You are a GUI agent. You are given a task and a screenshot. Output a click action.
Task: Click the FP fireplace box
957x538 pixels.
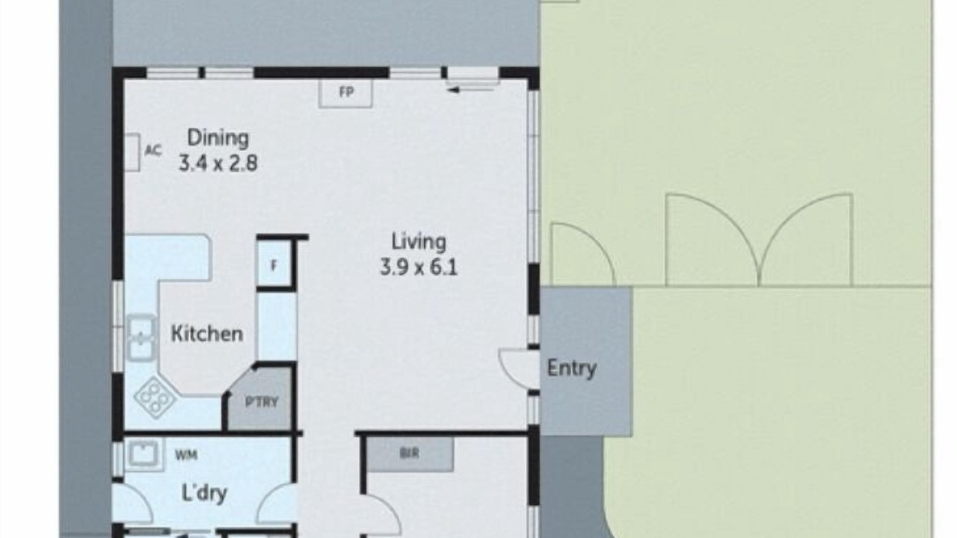tap(345, 93)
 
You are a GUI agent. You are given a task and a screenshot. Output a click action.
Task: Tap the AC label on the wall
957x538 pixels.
tap(153, 150)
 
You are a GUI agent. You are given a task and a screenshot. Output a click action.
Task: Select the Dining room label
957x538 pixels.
tap(218, 138)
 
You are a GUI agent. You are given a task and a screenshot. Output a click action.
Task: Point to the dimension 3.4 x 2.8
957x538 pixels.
tap(218, 163)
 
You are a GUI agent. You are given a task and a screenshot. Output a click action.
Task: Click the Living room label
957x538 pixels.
tap(419, 242)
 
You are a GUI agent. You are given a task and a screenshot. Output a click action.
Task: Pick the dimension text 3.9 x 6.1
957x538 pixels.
tap(419, 268)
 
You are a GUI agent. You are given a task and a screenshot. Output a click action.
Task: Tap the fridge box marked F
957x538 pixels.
tap(274, 264)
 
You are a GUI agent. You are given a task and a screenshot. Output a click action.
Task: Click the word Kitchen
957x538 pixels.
tap(207, 333)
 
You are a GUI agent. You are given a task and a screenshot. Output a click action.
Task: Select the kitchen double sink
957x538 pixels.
tap(141, 338)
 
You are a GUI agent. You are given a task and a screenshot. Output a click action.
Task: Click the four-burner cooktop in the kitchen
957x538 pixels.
tap(155, 398)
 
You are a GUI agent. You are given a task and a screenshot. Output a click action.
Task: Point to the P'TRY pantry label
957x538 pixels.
tap(262, 402)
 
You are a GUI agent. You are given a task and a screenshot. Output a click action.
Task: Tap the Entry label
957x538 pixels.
tap(572, 368)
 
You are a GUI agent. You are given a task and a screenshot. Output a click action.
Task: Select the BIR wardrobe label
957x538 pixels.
tap(409, 454)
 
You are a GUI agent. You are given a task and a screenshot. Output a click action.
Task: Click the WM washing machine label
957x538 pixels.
tap(186, 456)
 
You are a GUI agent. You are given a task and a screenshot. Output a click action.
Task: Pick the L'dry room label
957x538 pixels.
tap(204, 493)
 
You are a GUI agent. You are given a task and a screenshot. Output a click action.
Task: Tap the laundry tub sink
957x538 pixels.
tap(144, 454)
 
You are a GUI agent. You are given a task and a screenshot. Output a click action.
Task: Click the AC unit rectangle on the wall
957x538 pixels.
tap(132, 152)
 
